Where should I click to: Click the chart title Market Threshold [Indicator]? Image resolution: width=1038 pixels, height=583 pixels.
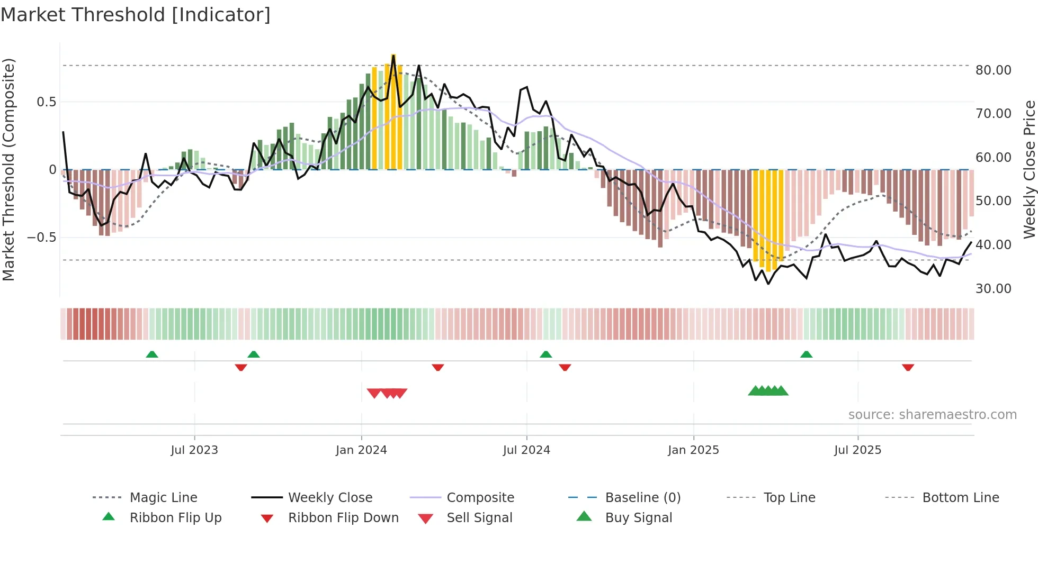click(x=136, y=15)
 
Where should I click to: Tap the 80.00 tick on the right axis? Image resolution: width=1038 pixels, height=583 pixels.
click(x=993, y=70)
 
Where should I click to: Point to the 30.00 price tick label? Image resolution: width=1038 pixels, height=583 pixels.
click(x=993, y=289)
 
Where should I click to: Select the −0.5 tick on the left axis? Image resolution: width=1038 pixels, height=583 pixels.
click(x=42, y=238)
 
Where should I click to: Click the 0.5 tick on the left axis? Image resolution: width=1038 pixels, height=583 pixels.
click(x=46, y=102)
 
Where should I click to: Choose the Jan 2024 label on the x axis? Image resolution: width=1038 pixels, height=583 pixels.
click(x=361, y=450)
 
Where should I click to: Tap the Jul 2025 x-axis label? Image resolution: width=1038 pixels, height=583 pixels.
click(x=857, y=450)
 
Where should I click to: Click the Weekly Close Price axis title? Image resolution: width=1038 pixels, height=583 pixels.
click(x=1028, y=169)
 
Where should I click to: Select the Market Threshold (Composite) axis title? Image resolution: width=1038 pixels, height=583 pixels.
click(x=8, y=169)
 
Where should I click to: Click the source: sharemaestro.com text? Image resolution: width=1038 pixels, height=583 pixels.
click(x=932, y=415)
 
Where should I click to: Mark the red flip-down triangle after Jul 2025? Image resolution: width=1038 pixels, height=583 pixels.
click(x=908, y=367)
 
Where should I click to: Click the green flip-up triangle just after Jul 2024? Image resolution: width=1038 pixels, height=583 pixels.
click(x=545, y=354)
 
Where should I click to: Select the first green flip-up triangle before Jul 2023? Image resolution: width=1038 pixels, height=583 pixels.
click(x=152, y=354)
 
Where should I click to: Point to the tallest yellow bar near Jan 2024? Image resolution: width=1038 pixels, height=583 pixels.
click(x=393, y=111)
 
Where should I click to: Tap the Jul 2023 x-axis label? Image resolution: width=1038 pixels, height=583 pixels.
click(x=194, y=450)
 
